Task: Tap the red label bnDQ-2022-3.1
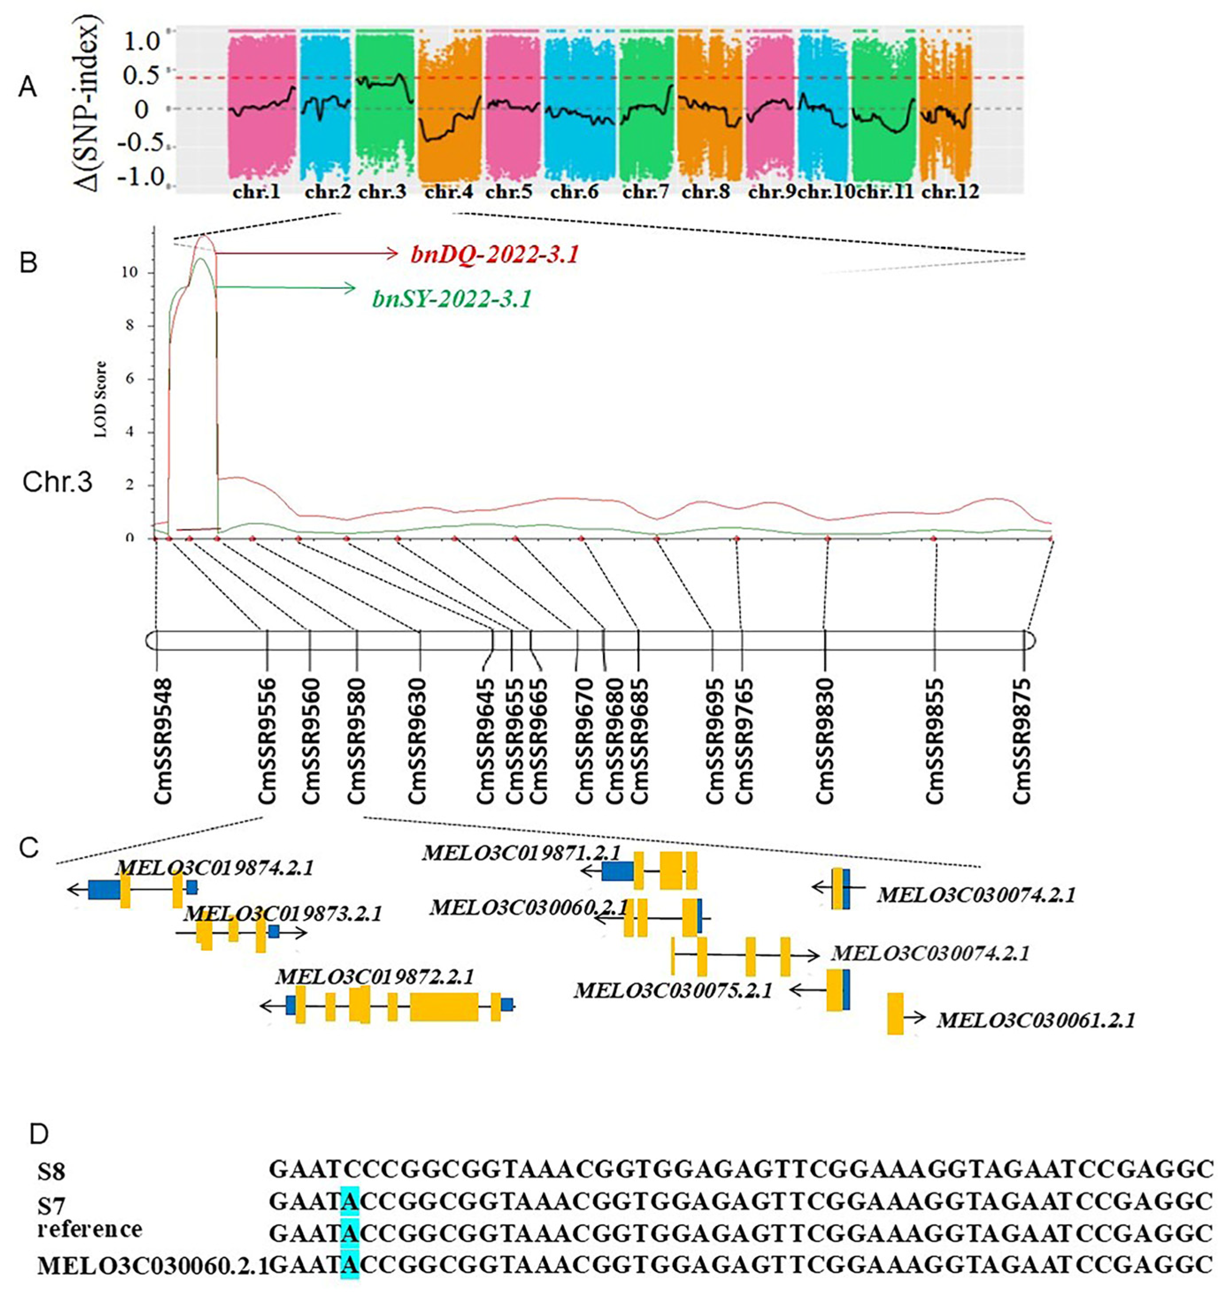tap(495, 254)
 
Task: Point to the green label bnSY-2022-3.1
tap(452, 299)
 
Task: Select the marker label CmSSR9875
tap(1022, 740)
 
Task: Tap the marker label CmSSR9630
tap(418, 740)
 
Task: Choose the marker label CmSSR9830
tap(825, 740)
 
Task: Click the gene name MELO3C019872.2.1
tap(375, 976)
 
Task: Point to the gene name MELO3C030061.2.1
tap(1035, 1020)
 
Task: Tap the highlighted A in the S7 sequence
tap(350, 1200)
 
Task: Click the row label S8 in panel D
tap(51, 1172)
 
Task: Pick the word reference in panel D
tap(90, 1229)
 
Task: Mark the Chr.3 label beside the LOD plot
tap(58, 482)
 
